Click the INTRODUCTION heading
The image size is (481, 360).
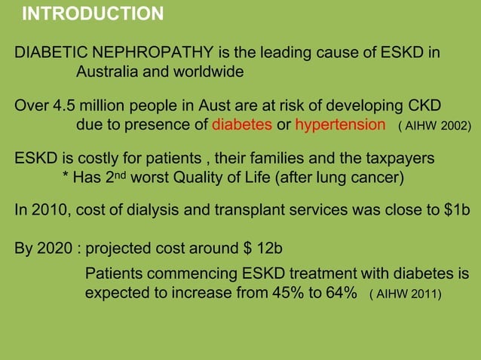coord(93,14)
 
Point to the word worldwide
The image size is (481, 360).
coord(208,73)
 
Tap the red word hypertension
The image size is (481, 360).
coord(340,124)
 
